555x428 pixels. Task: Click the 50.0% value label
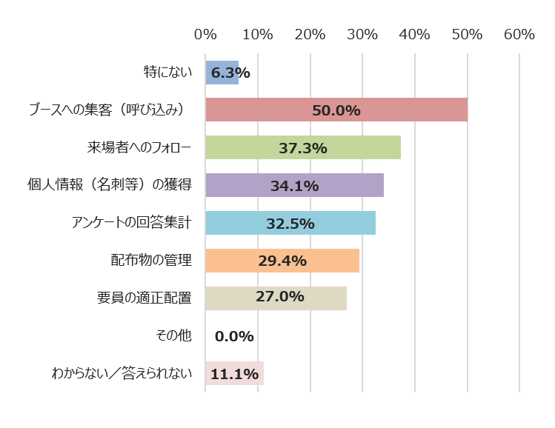[336, 110]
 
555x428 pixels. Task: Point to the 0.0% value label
[234, 336]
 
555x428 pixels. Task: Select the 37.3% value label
[303, 148]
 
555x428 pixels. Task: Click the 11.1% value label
[234, 374]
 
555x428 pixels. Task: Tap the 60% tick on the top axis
[519, 34]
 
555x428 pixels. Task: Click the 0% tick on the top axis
[205, 34]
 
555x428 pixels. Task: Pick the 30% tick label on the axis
[362, 34]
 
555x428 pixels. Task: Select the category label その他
[173, 336]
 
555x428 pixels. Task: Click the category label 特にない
[167, 73]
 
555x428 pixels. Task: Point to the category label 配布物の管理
[151, 261]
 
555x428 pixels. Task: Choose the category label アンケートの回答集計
[131, 223]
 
